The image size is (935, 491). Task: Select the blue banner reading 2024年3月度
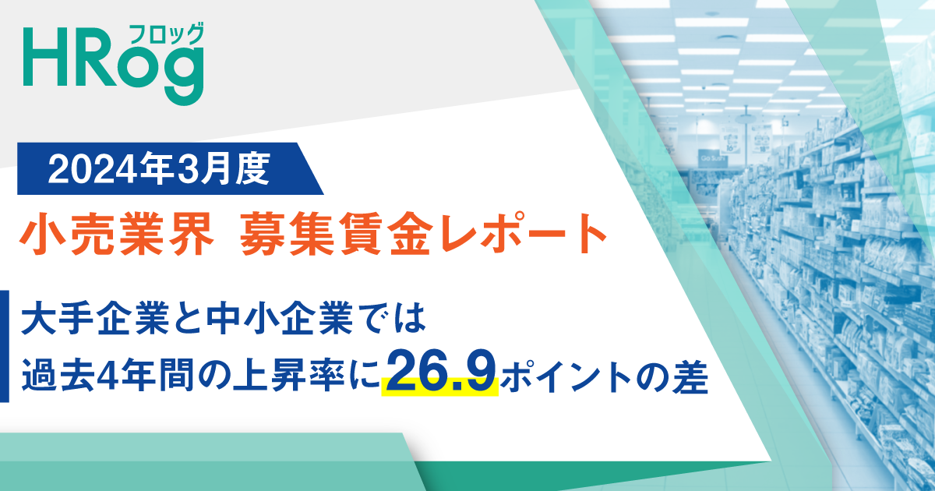coord(168,168)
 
